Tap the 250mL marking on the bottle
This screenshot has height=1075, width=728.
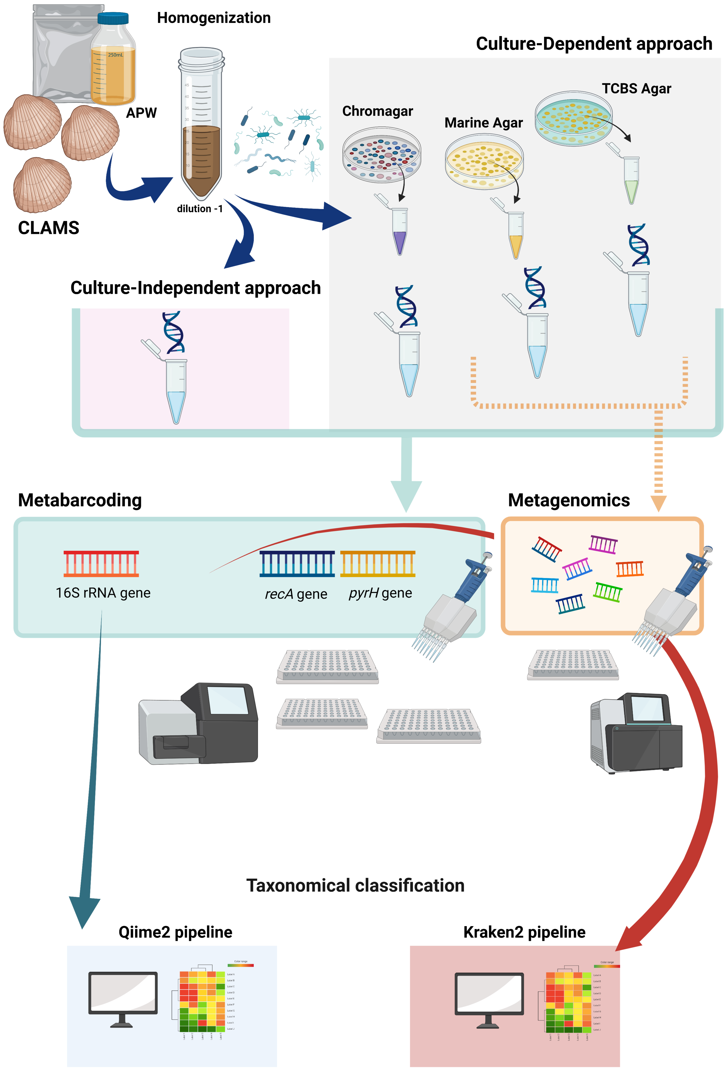115,55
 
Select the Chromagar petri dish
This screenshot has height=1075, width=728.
382,154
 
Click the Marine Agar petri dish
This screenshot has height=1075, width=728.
484,162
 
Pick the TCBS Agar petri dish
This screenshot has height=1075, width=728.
574,118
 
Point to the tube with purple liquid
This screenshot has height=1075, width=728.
400,231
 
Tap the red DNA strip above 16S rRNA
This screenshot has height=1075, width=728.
101,563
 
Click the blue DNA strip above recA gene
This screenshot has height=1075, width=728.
297,563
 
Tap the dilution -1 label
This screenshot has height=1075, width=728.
200,209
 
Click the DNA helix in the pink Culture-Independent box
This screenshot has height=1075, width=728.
173,332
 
